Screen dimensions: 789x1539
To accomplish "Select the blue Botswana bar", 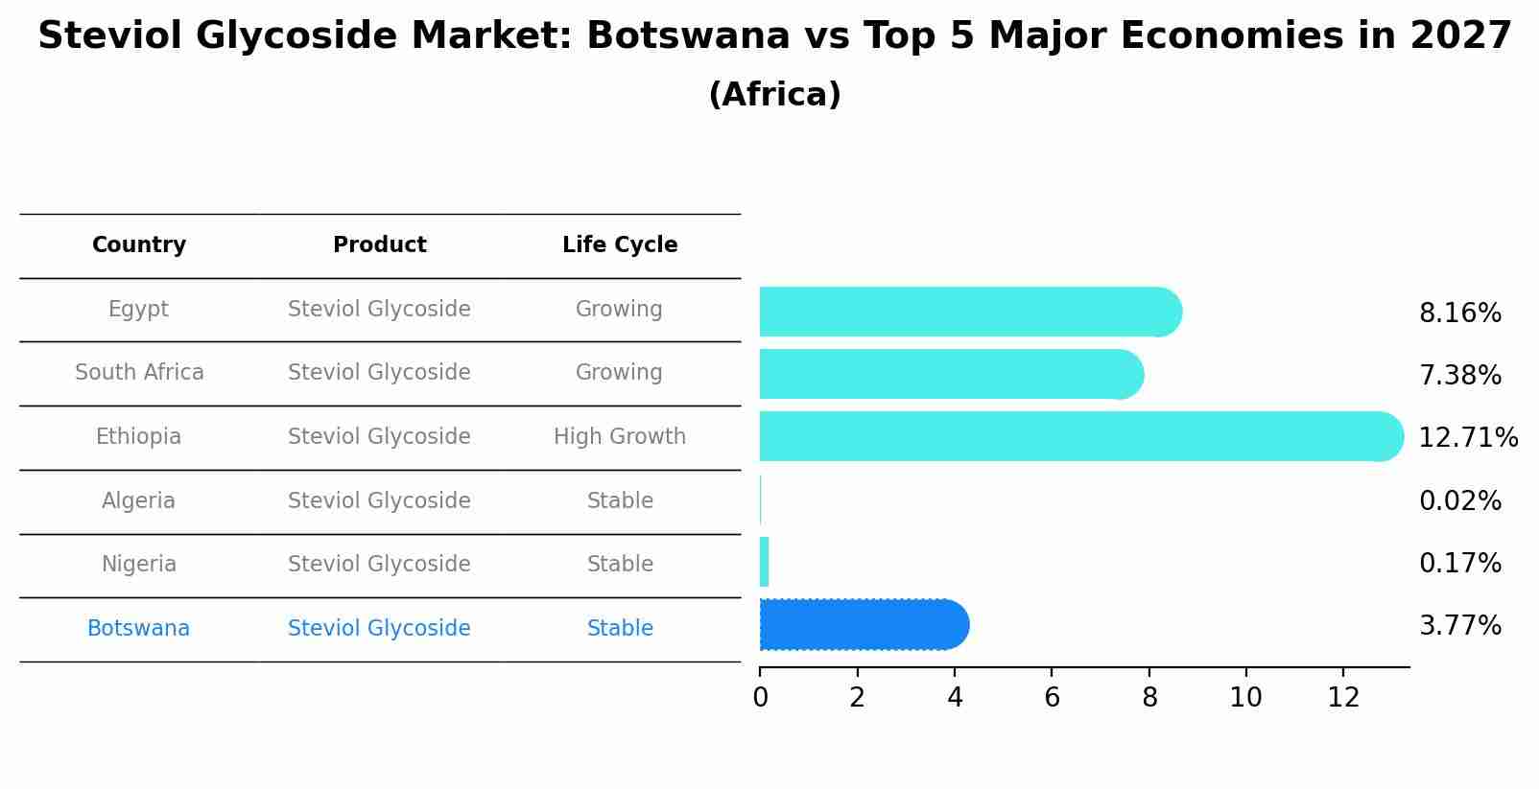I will (864, 625).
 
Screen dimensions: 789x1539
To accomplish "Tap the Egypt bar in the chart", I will (969, 312).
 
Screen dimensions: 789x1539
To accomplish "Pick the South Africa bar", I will (950, 374).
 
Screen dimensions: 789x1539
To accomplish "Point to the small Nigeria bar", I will (765, 562).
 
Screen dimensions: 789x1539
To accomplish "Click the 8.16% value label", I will (1459, 313).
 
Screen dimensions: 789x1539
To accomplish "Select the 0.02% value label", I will (1459, 500).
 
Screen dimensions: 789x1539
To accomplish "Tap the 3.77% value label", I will (1459, 626).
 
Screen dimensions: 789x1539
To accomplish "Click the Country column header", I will (139, 245).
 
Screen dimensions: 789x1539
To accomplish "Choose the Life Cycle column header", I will (620, 245).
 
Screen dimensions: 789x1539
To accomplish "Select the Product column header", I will (379, 245).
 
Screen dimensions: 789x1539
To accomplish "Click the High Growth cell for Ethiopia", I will (620, 437).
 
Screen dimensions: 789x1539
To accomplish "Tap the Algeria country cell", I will (139, 500).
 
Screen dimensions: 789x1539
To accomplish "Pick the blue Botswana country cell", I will (139, 629).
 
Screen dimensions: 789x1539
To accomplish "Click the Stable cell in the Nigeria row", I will (620, 564).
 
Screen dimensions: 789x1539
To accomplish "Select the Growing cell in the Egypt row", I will (619, 309).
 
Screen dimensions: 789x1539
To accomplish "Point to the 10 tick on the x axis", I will (1245, 698).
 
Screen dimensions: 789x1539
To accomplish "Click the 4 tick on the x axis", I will (955, 698).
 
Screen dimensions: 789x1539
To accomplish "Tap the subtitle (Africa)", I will (774, 95).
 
